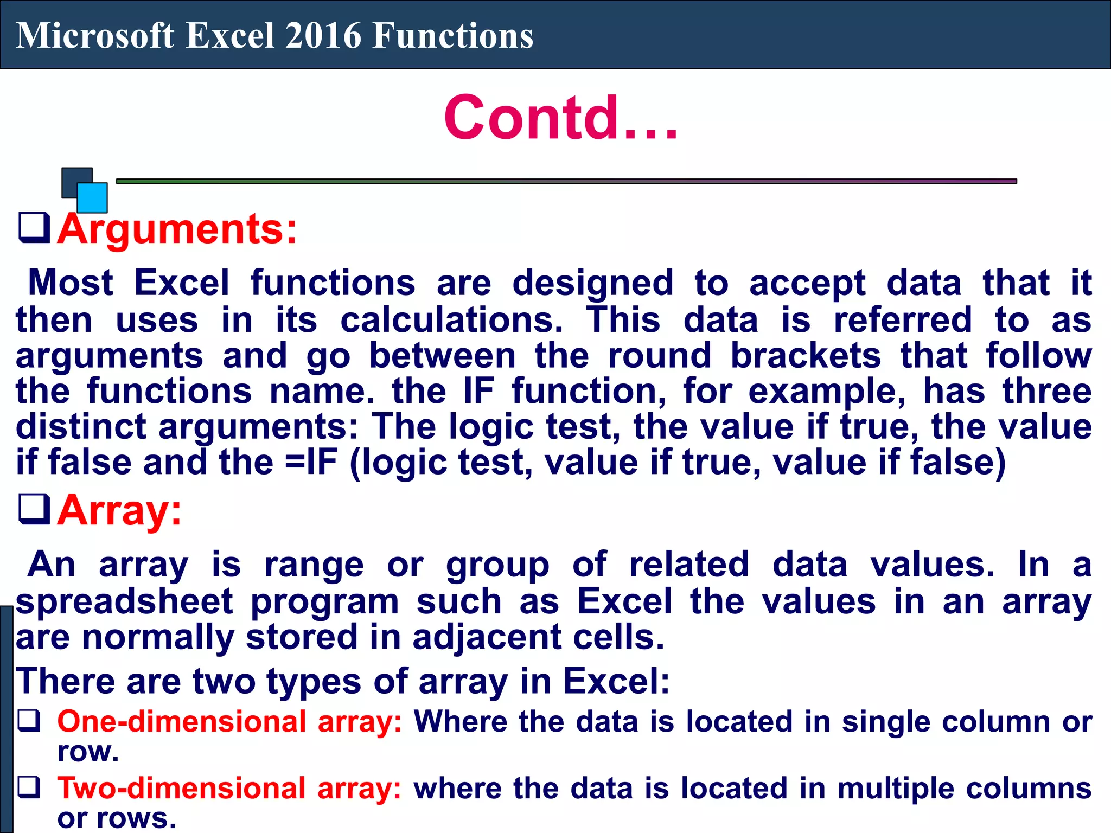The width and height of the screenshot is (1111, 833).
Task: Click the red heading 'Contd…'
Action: click(x=560, y=118)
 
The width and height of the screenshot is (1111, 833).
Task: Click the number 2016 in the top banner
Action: click(x=322, y=36)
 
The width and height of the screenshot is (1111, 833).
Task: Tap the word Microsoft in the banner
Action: click(x=95, y=36)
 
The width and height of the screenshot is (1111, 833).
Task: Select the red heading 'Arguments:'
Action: click(x=177, y=229)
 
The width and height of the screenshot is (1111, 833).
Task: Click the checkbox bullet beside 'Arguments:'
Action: click(x=34, y=228)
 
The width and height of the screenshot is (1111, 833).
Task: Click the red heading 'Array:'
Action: click(x=119, y=510)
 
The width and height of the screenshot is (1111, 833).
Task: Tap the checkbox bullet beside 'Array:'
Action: click(x=34, y=509)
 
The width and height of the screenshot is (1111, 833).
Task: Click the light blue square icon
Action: click(x=92, y=197)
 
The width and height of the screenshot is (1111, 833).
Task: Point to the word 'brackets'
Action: click(x=806, y=356)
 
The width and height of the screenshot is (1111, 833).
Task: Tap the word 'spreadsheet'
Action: click(x=124, y=601)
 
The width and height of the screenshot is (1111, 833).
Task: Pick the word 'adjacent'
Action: click(x=487, y=637)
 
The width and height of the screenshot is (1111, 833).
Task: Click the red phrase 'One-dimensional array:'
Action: click(x=229, y=722)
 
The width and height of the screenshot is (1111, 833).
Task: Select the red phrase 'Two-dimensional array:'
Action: click(x=229, y=789)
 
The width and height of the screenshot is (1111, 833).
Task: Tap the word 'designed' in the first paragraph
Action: click(x=592, y=284)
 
